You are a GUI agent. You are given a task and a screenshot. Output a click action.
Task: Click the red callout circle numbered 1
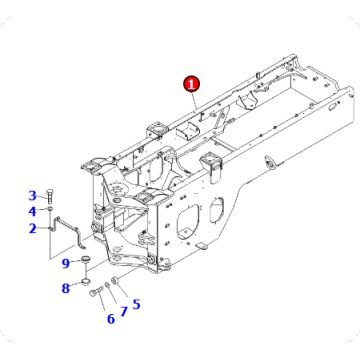point(191,86)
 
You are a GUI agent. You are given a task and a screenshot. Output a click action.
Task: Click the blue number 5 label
point(136,304)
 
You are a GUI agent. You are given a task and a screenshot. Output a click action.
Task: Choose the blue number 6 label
point(110,319)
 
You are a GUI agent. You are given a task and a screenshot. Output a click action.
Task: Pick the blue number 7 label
point(124,312)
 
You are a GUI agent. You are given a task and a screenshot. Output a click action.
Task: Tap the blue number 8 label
point(65,288)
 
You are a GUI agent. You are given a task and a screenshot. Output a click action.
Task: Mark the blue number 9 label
point(65,263)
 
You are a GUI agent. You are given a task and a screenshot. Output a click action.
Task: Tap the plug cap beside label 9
point(86,262)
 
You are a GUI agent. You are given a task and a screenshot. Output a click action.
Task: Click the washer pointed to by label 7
point(110,289)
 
